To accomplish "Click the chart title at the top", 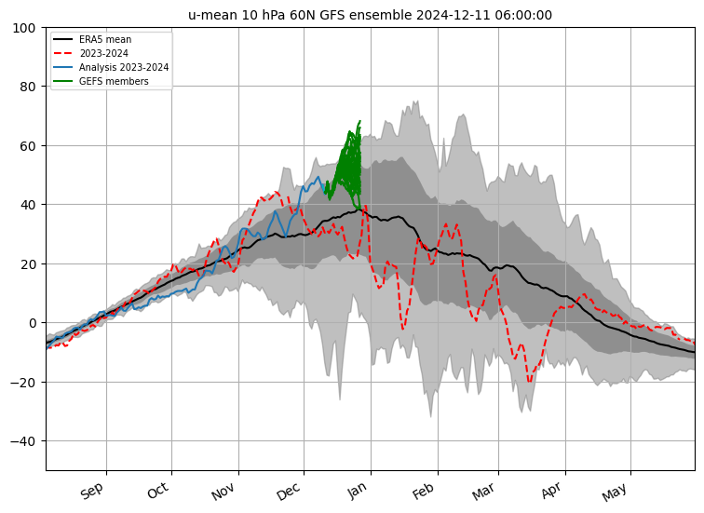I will click(370, 15).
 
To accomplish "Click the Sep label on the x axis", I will click(92, 491).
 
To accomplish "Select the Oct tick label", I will click(158, 491).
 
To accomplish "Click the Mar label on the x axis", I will click(484, 491).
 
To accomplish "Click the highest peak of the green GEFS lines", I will click(359, 121).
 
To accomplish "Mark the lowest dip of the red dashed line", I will click(530, 382).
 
